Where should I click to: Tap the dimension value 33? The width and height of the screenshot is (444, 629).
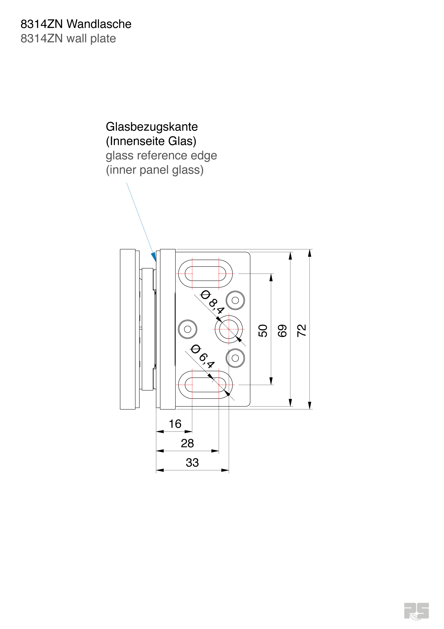(x=192, y=463)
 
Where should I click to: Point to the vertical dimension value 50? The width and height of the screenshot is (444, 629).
(x=263, y=330)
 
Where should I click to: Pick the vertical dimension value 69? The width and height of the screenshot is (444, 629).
(x=282, y=330)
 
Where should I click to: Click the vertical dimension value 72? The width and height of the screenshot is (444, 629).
(x=302, y=330)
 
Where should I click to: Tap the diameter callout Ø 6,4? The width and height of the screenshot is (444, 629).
(x=203, y=357)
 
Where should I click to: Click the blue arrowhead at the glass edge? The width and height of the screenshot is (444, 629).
(x=154, y=257)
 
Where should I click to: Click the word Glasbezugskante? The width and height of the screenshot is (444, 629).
(x=152, y=127)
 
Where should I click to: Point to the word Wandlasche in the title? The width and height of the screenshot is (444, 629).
(x=99, y=24)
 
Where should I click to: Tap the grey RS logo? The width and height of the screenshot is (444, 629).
(x=416, y=611)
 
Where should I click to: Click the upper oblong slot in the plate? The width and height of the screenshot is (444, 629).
(x=205, y=273)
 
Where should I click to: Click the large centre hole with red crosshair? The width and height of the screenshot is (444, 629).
(x=229, y=329)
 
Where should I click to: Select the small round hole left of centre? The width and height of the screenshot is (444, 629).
(x=188, y=329)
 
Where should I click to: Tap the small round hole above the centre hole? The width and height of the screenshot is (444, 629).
(x=235, y=300)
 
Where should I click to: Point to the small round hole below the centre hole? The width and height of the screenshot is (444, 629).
(x=235, y=358)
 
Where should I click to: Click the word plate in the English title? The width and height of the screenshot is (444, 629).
(x=103, y=39)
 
